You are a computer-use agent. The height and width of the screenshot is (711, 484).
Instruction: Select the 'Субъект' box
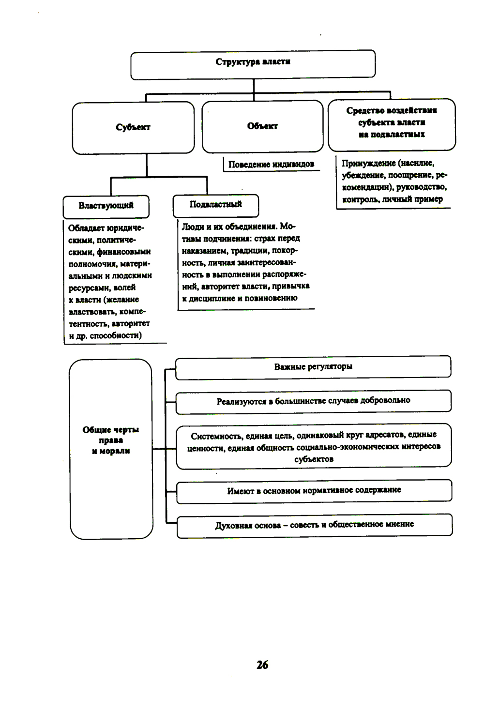coord(133,127)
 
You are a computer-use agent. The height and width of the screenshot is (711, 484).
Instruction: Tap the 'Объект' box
coord(262,126)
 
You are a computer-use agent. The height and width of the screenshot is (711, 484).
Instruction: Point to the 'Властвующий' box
coord(106,206)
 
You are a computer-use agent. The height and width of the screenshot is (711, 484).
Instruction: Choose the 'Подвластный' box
coord(215,204)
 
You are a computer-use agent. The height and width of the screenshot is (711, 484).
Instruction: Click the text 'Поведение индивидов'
coord(271,165)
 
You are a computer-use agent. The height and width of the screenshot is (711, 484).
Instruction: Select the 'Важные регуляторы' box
coord(313,367)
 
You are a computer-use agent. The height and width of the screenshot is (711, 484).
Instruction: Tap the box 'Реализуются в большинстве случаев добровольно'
coord(313,401)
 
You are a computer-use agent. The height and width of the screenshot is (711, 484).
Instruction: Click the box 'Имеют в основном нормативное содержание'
coord(314,490)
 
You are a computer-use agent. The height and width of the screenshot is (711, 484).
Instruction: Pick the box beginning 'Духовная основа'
coord(315,525)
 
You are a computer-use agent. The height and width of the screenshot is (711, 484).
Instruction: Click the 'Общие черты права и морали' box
coord(111,440)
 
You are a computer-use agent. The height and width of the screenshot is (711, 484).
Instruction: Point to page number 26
coord(262,665)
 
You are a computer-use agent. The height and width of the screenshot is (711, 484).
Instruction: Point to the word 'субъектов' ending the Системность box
coord(314,459)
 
